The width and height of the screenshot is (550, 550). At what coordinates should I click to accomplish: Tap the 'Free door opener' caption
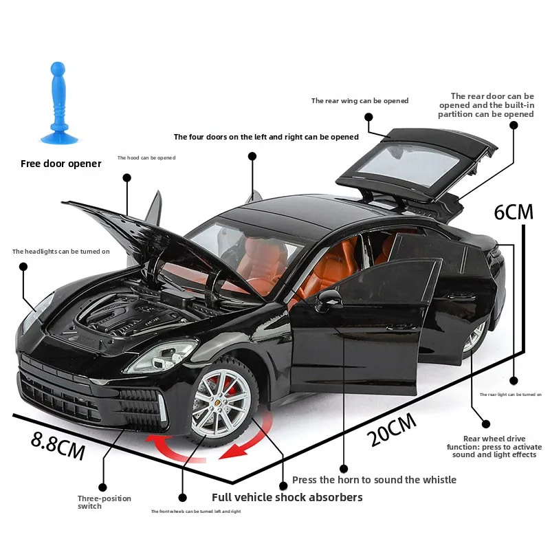click(x=60, y=164)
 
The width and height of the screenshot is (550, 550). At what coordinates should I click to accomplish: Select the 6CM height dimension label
click(x=514, y=212)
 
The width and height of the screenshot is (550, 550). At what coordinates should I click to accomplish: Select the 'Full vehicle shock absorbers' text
click(x=287, y=497)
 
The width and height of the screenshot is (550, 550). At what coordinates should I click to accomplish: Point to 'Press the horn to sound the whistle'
click(x=374, y=480)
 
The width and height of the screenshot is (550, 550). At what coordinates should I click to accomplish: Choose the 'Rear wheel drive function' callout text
click(x=493, y=446)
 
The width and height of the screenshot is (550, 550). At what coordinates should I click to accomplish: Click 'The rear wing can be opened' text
click(x=360, y=101)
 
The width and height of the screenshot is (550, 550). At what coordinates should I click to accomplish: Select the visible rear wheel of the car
click(x=475, y=336)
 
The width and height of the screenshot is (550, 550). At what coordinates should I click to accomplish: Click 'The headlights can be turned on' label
click(x=60, y=252)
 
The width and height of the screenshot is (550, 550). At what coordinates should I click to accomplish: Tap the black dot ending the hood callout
click(x=126, y=177)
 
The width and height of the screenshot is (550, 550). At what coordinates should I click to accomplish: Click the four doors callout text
click(x=266, y=137)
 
